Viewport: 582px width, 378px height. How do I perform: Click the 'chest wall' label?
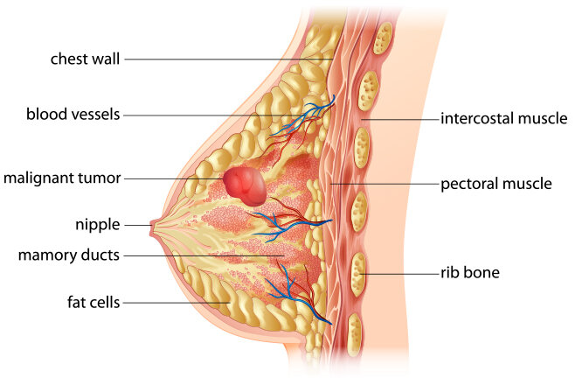85,59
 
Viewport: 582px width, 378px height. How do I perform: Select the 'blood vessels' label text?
73,114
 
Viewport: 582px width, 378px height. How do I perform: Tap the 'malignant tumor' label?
62,178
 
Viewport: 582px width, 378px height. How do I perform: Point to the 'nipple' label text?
98,225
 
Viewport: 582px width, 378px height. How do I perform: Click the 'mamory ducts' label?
69,255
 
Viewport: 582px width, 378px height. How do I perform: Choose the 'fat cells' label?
94,302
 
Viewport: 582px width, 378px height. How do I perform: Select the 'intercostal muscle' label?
503,118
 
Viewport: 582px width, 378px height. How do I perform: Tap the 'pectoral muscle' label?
495,184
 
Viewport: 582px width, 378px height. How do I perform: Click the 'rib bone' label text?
470,272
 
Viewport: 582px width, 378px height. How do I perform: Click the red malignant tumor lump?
245,186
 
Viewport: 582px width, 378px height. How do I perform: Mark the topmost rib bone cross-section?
383,38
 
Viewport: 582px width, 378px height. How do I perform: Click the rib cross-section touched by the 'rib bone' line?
358,274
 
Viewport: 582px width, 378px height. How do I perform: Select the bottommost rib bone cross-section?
355,334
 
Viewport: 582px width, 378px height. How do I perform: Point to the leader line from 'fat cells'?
177,303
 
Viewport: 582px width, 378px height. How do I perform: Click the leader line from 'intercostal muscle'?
400,120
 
